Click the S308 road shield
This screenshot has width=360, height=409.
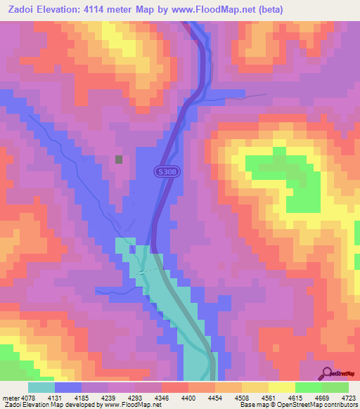(165, 171)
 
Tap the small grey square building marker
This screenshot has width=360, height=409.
(120, 160)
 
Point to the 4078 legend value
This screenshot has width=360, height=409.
(22, 396)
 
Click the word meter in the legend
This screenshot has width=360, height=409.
(6, 396)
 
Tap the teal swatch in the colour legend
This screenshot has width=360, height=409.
(41, 387)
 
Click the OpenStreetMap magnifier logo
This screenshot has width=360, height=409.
(327, 373)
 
